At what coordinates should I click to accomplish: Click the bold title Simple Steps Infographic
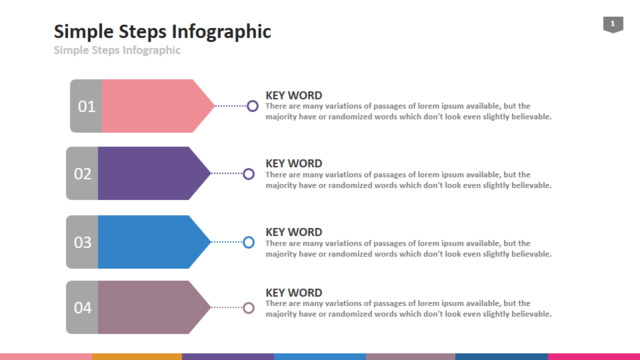point(162,31)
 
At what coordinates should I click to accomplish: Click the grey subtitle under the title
point(117,50)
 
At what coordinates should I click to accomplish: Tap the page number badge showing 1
point(613,24)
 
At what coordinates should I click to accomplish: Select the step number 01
point(87,107)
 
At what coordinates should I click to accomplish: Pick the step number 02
point(82,174)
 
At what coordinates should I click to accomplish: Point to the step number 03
point(82,242)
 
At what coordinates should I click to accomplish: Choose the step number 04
point(82,308)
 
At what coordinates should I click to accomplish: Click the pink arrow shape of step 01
point(158,106)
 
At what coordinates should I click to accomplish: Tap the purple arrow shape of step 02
point(154,173)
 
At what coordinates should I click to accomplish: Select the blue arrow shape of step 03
point(154,242)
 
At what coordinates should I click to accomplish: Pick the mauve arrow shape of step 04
point(154,307)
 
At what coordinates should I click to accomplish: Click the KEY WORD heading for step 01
point(294,96)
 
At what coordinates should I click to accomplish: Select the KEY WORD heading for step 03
point(294,232)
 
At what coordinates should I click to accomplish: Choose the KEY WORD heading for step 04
point(294,293)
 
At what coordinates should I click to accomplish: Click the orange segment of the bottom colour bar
point(137,357)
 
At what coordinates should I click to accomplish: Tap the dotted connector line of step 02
point(227,173)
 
